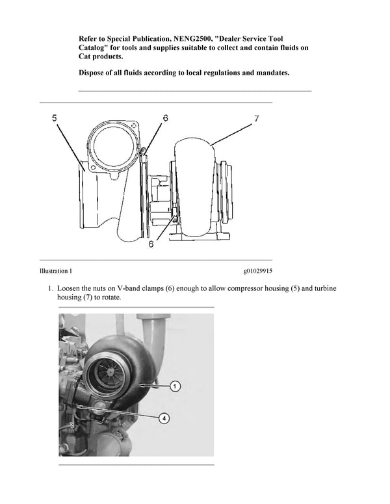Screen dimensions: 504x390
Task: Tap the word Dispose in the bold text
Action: tap(96, 73)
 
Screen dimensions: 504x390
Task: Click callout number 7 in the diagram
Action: tap(257, 118)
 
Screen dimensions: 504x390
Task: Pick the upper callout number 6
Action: tap(165, 118)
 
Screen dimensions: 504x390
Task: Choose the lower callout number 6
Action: tap(151, 244)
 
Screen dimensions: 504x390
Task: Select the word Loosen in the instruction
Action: tap(71, 287)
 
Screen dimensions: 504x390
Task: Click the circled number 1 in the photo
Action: tap(175, 386)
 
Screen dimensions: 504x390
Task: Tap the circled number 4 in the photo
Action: tap(164, 419)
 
